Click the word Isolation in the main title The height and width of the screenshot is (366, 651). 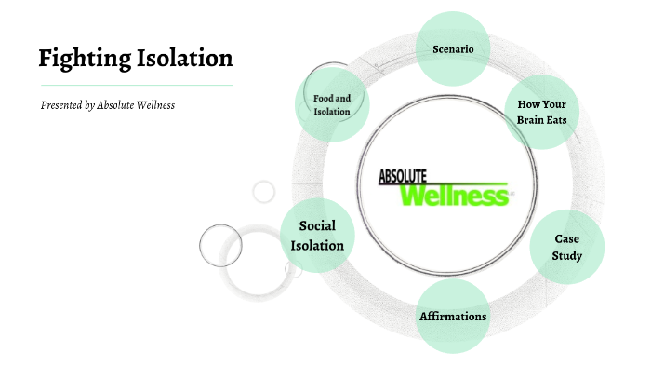[182, 59]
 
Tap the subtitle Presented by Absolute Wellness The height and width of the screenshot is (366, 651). [108, 105]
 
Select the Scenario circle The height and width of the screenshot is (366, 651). [454, 47]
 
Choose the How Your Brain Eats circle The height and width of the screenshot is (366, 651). [541, 112]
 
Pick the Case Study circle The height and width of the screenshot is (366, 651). [567, 247]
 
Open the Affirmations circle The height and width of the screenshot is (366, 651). [453, 317]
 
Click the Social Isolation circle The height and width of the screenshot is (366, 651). [317, 236]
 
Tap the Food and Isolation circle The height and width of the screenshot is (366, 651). [332, 104]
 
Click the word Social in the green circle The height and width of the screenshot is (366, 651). [317, 225]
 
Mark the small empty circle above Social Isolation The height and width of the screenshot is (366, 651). [264, 192]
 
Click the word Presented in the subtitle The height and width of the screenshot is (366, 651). [61, 105]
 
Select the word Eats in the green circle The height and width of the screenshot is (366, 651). [556, 119]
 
